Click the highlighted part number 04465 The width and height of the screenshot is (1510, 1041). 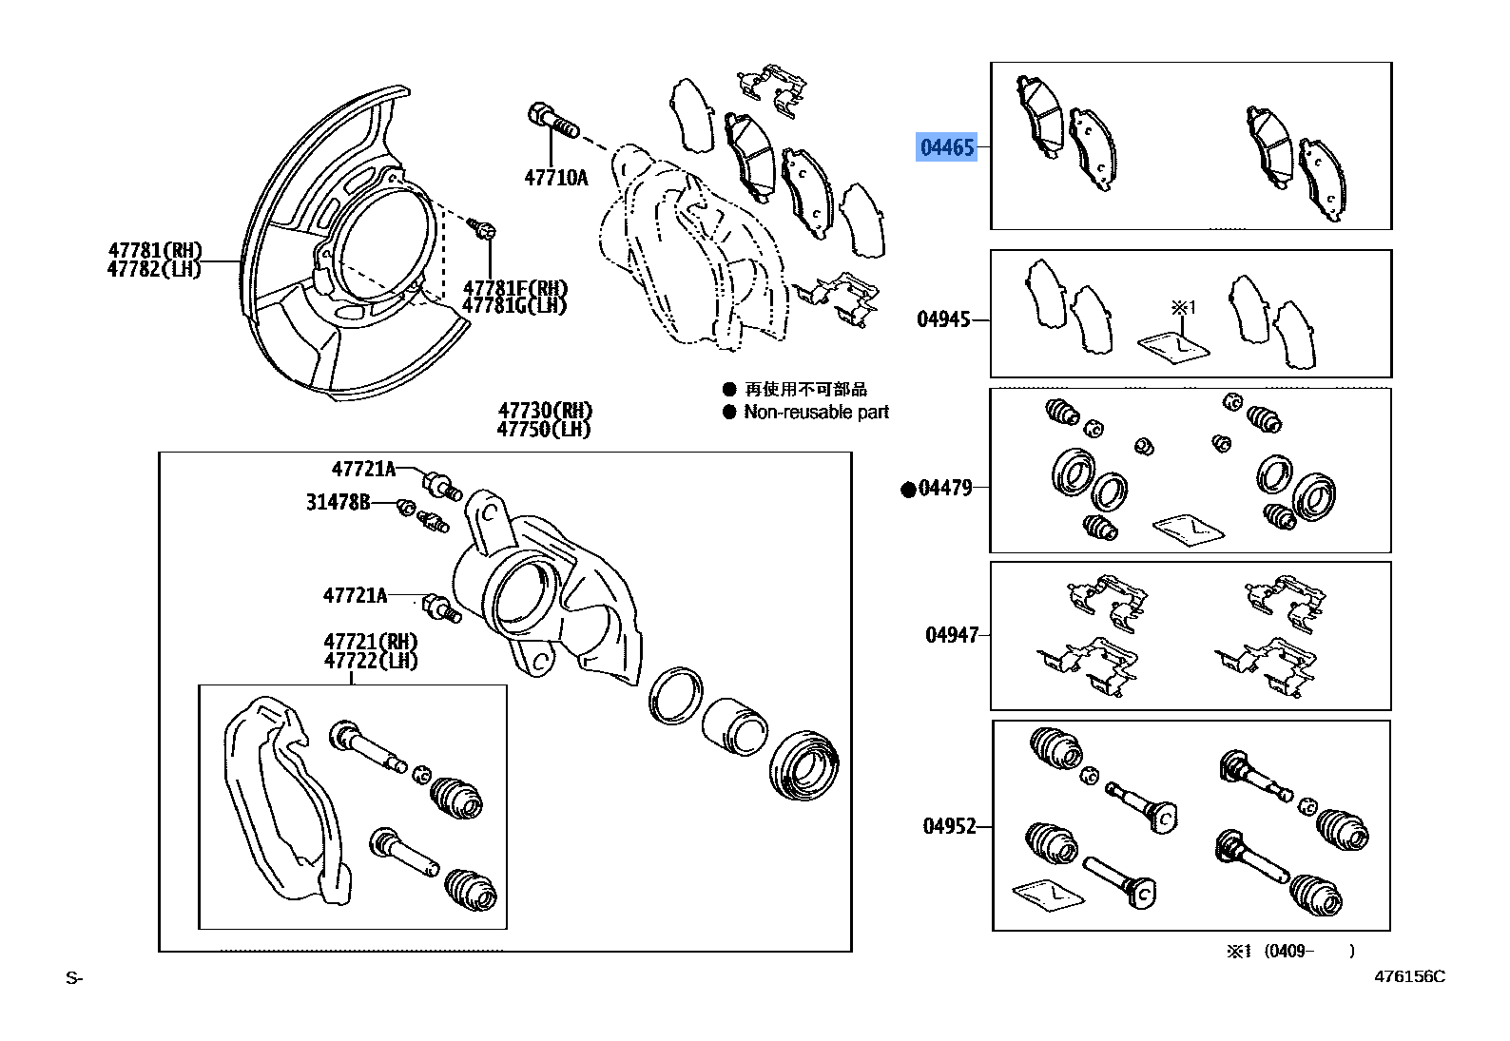tap(947, 147)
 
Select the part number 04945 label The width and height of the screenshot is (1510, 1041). tap(943, 319)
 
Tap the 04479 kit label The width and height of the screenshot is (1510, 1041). tap(946, 489)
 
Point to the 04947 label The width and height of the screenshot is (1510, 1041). tap(951, 635)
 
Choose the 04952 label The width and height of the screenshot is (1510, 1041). tap(949, 826)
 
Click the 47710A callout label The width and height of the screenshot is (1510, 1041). tap(555, 178)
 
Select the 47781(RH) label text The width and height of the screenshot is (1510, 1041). tap(155, 250)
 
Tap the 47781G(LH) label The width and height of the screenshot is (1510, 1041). tap(514, 305)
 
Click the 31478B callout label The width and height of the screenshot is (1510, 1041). tap(338, 502)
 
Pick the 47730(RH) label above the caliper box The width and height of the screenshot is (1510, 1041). tap(545, 411)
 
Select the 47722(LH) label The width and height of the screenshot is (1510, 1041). tap(371, 661)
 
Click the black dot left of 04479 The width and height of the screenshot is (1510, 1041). tap(908, 490)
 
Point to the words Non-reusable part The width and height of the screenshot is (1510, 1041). tap(816, 413)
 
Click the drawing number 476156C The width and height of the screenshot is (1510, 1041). tap(1408, 976)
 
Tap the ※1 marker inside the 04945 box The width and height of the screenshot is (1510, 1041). tap(1182, 308)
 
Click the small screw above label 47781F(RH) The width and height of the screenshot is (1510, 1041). tap(483, 228)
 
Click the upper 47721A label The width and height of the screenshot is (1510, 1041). tap(363, 469)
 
